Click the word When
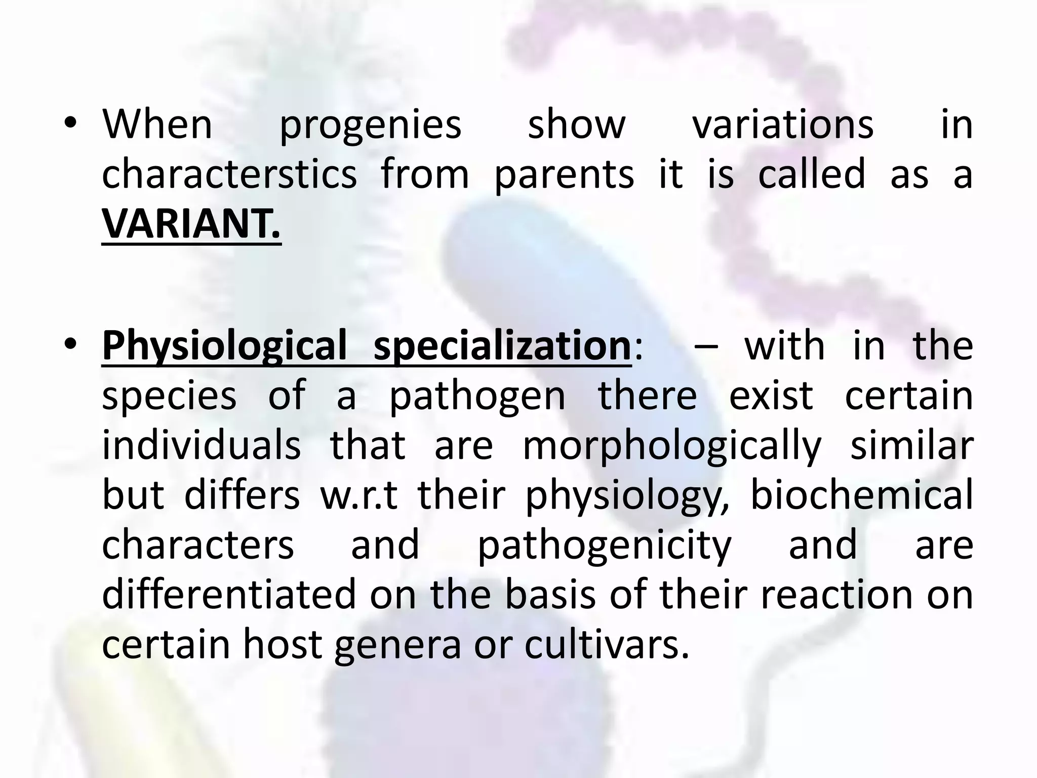point(157,125)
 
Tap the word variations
point(783,125)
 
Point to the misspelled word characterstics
point(229,174)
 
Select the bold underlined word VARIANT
point(191,224)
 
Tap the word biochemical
point(861,494)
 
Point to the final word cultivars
point(606,644)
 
